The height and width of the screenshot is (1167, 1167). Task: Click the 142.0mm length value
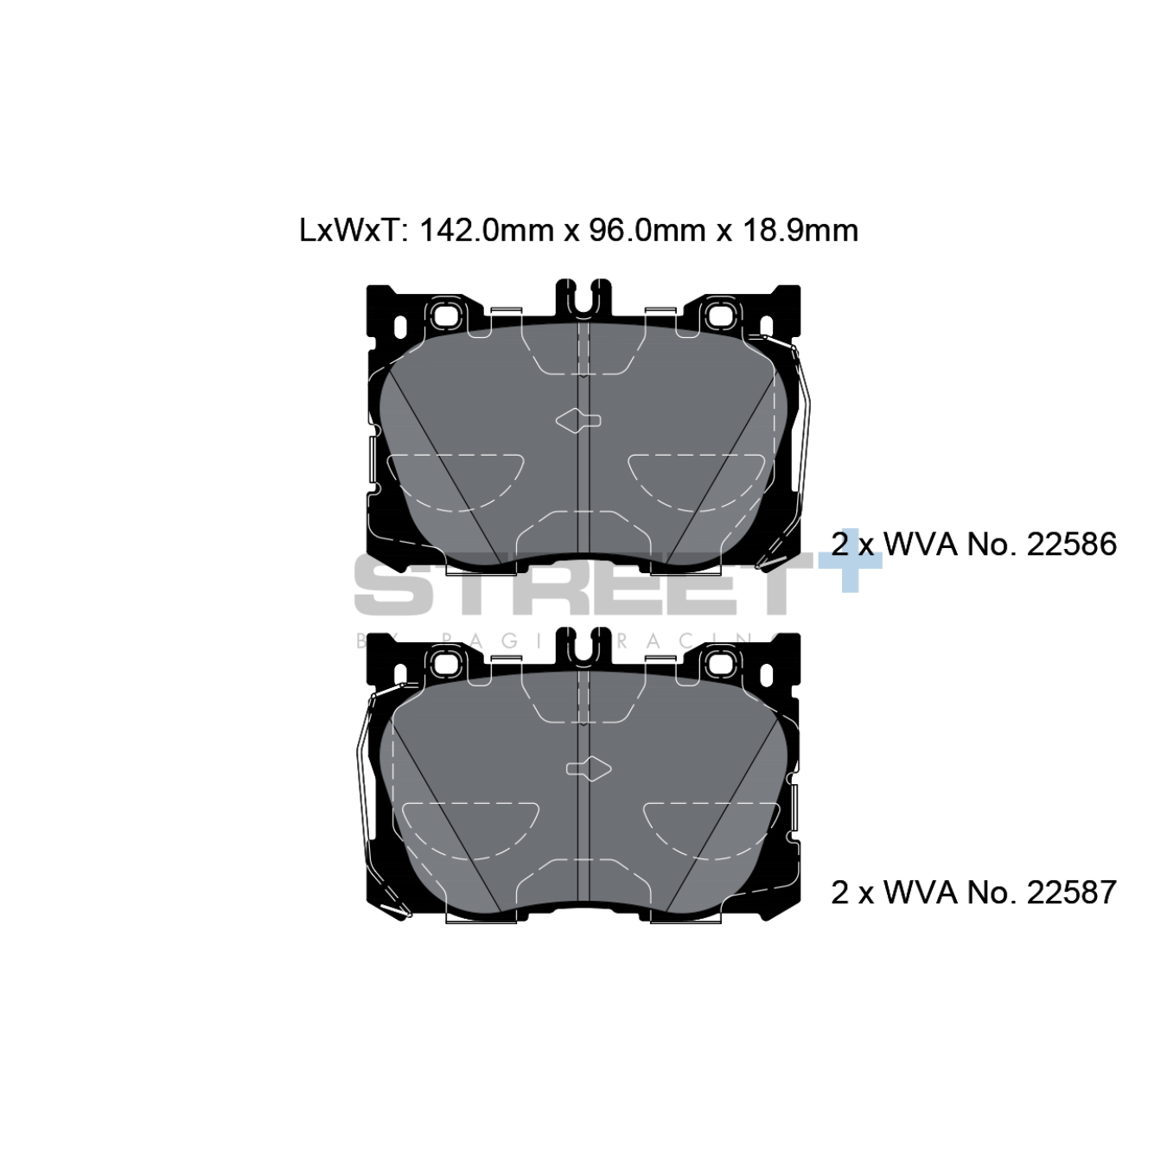tap(487, 231)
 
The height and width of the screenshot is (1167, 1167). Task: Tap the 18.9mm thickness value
tap(800, 231)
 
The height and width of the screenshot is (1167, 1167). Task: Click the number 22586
tap(1071, 545)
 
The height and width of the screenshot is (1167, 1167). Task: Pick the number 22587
tap(1071, 892)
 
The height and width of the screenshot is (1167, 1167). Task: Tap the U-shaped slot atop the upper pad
tap(583, 298)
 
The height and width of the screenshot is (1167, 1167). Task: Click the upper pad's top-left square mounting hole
tap(447, 316)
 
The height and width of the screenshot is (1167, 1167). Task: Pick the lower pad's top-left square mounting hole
tap(447, 664)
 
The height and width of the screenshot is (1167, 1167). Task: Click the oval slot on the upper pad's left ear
tap(400, 328)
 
